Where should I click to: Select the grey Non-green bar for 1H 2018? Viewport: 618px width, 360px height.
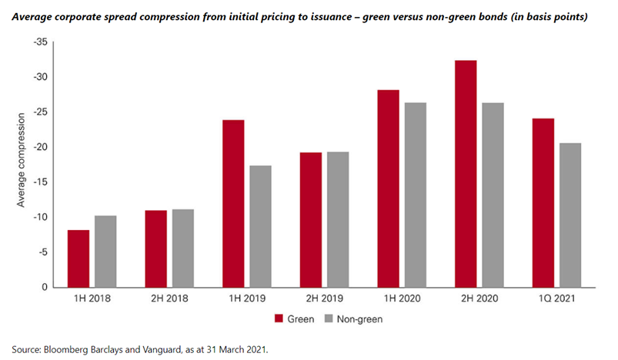[x=105, y=252]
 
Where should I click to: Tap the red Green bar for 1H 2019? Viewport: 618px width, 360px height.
[x=233, y=204]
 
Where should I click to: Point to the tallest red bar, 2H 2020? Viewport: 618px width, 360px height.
[x=466, y=174]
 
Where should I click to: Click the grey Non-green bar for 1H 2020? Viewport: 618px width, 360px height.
[x=415, y=195]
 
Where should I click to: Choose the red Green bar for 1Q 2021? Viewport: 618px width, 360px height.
[x=543, y=203]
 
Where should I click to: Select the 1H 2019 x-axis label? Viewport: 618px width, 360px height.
[x=246, y=298]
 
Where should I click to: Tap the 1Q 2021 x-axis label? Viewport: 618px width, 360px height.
[x=556, y=298]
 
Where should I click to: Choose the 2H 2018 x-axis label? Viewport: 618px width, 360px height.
[x=169, y=298]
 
